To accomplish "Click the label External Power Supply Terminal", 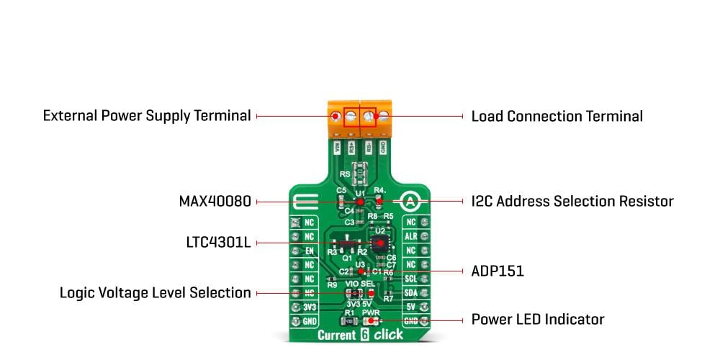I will coord(147,116).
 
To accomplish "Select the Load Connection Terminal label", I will coord(557,116).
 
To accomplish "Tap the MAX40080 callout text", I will coord(215,202).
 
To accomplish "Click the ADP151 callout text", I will coord(497,271).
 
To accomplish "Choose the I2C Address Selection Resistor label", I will coord(572,202).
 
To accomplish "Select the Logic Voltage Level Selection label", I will coord(155,293).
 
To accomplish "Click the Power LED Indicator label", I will coord(537,319).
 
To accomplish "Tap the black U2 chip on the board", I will coord(379,243).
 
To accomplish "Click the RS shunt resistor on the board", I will coord(359,174).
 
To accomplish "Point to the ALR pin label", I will coord(411,236).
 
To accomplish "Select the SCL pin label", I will coord(411,277).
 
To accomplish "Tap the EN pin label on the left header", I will coord(309,250).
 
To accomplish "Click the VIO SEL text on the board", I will coord(360,284).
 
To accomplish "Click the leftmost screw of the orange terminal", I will coord(336,116).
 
